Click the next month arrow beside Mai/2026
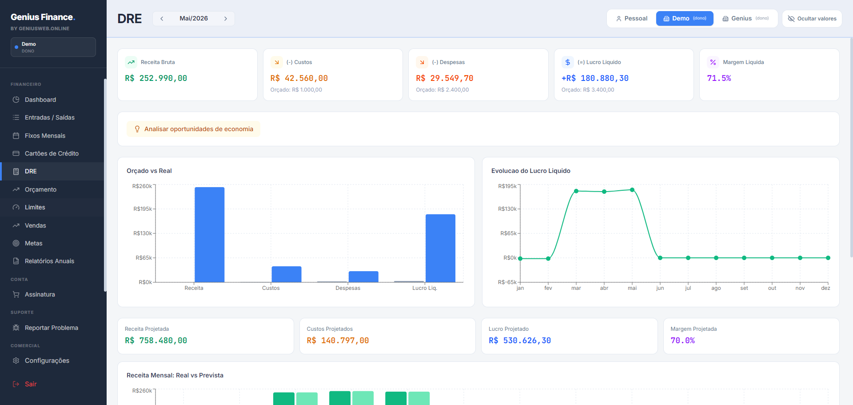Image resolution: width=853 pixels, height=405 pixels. pyautogui.click(x=226, y=19)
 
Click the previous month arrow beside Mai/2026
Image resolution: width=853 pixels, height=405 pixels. pyautogui.click(x=162, y=19)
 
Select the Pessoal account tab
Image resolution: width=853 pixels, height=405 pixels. pyautogui.click(x=631, y=19)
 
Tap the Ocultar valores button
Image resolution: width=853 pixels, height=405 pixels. pyautogui.click(x=812, y=19)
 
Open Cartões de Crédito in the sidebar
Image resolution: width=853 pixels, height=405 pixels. pyautogui.click(x=52, y=153)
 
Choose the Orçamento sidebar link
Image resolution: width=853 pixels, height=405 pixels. pyautogui.click(x=40, y=189)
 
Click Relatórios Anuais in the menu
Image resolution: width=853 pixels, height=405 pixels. pyautogui.click(x=49, y=261)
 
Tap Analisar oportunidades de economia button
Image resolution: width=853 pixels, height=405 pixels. pyautogui.click(x=194, y=129)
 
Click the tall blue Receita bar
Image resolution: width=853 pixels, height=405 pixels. pyautogui.click(x=209, y=235)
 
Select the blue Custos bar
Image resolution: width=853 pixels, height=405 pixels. pyautogui.click(x=287, y=274)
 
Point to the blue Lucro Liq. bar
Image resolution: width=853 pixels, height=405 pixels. pyautogui.click(x=440, y=248)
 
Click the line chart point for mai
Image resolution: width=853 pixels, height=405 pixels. pyautogui.click(x=632, y=190)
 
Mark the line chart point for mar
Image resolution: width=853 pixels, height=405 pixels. pyautogui.click(x=576, y=191)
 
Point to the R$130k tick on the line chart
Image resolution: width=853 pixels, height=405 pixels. pyautogui.click(x=507, y=209)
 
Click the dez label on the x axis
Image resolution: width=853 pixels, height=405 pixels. pyautogui.click(x=825, y=288)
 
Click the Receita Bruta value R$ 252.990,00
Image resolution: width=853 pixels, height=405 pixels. pyautogui.click(x=156, y=78)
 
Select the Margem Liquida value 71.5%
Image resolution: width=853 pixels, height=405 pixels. pyautogui.click(x=719, y=78)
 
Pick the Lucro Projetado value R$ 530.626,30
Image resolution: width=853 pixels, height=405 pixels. pyautogui.click(x=520, y=341)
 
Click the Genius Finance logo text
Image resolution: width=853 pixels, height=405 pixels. pyautogui.click(x=43, y=17)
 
